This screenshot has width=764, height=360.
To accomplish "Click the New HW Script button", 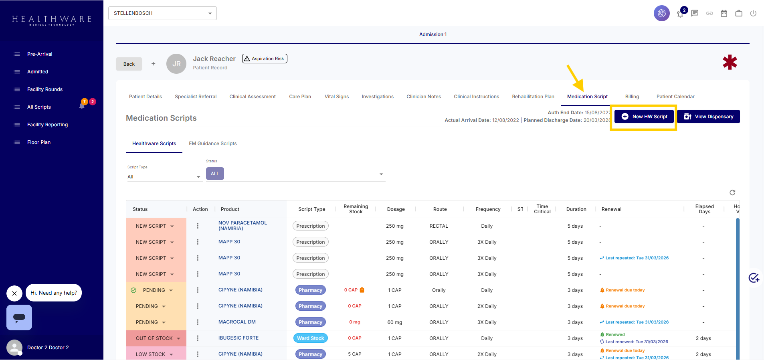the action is point(644,117).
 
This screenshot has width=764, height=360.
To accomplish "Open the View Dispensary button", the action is point(708,117).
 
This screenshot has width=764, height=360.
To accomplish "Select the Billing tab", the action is point(632,97).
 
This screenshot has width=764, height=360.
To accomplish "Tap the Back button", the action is point(129,64).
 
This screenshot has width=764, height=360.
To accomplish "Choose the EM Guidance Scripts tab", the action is point(213,144).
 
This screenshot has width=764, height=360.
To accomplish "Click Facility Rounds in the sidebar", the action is point(45,89).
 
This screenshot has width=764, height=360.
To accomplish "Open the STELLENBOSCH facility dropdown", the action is point(162,13).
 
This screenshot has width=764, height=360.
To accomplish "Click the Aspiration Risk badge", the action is point(265,59).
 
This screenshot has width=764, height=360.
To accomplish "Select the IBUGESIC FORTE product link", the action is point(238,338).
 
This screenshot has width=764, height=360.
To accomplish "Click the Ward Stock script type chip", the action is point(310,338).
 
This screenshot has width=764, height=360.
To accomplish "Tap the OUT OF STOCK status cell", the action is point(156,338).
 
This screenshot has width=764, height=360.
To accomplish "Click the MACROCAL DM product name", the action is point(237,322).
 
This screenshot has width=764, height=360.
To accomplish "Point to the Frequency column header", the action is point(488,209).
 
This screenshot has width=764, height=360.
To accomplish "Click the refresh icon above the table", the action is point(732,192).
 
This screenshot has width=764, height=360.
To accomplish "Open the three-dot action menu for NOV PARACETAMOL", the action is point(198,226).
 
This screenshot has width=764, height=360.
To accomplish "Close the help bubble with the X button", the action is point(14,293).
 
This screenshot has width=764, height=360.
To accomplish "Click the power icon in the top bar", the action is point(753,13).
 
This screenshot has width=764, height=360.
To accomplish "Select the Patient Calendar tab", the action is point(675,97).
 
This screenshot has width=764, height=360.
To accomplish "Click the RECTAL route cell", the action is point(439,226).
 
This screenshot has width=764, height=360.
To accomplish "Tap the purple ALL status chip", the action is point(215,174).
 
